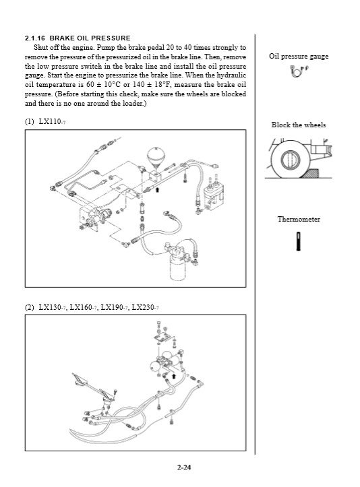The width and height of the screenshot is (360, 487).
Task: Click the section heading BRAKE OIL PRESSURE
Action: [x=90, y=38]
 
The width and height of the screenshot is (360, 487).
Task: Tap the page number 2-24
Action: [x=184, y=467]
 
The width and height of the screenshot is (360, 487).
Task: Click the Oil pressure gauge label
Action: [x=299, y=56]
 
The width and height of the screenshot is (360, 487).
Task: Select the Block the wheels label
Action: [x=299, y=125]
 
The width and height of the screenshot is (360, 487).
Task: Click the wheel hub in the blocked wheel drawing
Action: [x=290, y=160]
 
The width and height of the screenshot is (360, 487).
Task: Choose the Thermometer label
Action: [x=299, y=220]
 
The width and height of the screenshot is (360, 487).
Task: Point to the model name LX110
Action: [x=50, y=121]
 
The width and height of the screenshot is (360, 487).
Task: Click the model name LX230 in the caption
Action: [x=143, y=307]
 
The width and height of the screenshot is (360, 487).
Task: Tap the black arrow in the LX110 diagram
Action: [x=157, y=189]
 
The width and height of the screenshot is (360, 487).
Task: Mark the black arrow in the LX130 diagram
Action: [x=174, y=377]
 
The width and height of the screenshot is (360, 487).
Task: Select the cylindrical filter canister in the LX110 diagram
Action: [x=178, y=267]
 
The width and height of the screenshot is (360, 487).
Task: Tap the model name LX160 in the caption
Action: [x=81, y=307]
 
